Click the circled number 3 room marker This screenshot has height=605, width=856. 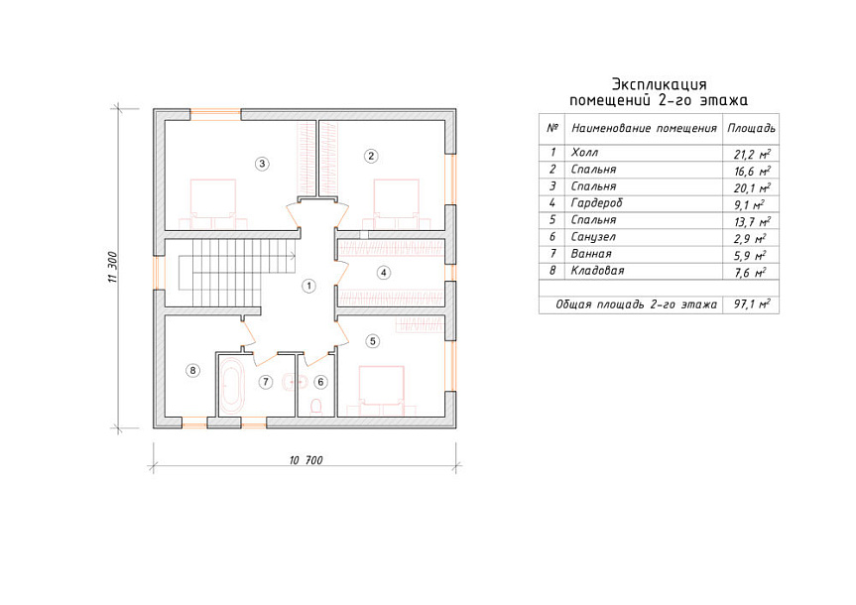pos(262,164)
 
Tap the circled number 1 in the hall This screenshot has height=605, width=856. pos(309,286)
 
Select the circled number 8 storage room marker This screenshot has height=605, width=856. pos(192,371)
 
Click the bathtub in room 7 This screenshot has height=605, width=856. pos(232,386)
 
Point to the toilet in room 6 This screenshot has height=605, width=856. pos(315,407)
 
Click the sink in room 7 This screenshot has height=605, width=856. pos(288,382)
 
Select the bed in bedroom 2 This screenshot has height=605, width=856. pos(397,203)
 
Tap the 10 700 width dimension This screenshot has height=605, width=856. pos(306,460)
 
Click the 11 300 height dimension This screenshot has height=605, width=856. pos(112,267)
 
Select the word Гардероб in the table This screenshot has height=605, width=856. pos(597,203)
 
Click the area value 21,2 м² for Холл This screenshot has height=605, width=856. pos(752,154)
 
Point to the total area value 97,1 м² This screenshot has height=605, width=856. pos(752,304)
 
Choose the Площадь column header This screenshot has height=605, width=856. pos(751,129)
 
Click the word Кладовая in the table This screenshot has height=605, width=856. pos(597,271)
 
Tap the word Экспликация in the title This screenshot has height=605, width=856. pos(659,84)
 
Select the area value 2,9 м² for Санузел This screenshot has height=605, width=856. pos(751,239)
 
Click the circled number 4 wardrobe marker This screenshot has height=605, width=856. pos(384,273)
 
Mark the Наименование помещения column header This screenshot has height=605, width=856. pos(644,129)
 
